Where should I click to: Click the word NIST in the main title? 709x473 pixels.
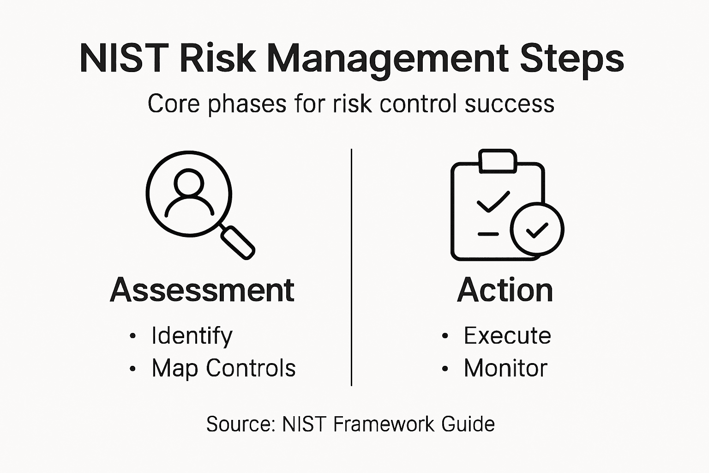(122, 59)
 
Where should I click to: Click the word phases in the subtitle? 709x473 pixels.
(247, 104)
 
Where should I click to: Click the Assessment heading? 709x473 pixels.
(202, 290)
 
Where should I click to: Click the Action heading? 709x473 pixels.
(505, 290)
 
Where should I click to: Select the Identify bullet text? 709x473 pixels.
(192, 336)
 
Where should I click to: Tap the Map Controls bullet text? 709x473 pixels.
(223, 368)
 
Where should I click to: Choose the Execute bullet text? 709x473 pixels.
(507, 336)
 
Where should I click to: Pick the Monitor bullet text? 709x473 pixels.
(505, 368)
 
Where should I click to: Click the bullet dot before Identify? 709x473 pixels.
(133, 336)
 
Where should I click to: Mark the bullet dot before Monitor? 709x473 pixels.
(445, 369)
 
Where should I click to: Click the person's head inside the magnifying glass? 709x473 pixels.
(189, 183)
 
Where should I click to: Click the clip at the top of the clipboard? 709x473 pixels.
(498, 161)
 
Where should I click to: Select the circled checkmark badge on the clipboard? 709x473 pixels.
(537, 229)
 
